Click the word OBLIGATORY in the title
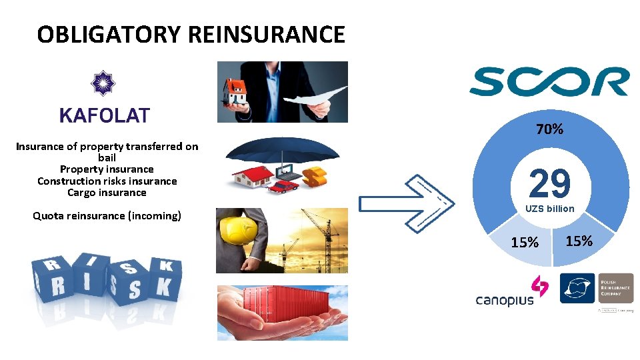tap(109, 35)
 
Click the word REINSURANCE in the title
tap(267, 35)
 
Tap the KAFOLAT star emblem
tap(103, 83)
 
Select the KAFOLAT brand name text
tap(105, 115)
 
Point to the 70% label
tap(549, 129)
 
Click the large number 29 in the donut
tap(550, 183)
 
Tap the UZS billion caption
tap(549, 209)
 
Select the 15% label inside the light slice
tap(525, 242)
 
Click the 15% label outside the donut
tap(579, 241)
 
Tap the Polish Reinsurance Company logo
tap(597, 289)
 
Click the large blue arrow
tap(407, 203)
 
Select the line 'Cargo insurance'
tap(107, 193)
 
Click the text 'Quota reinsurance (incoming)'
tap(107, 215)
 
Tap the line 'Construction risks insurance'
tap(107, 181)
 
